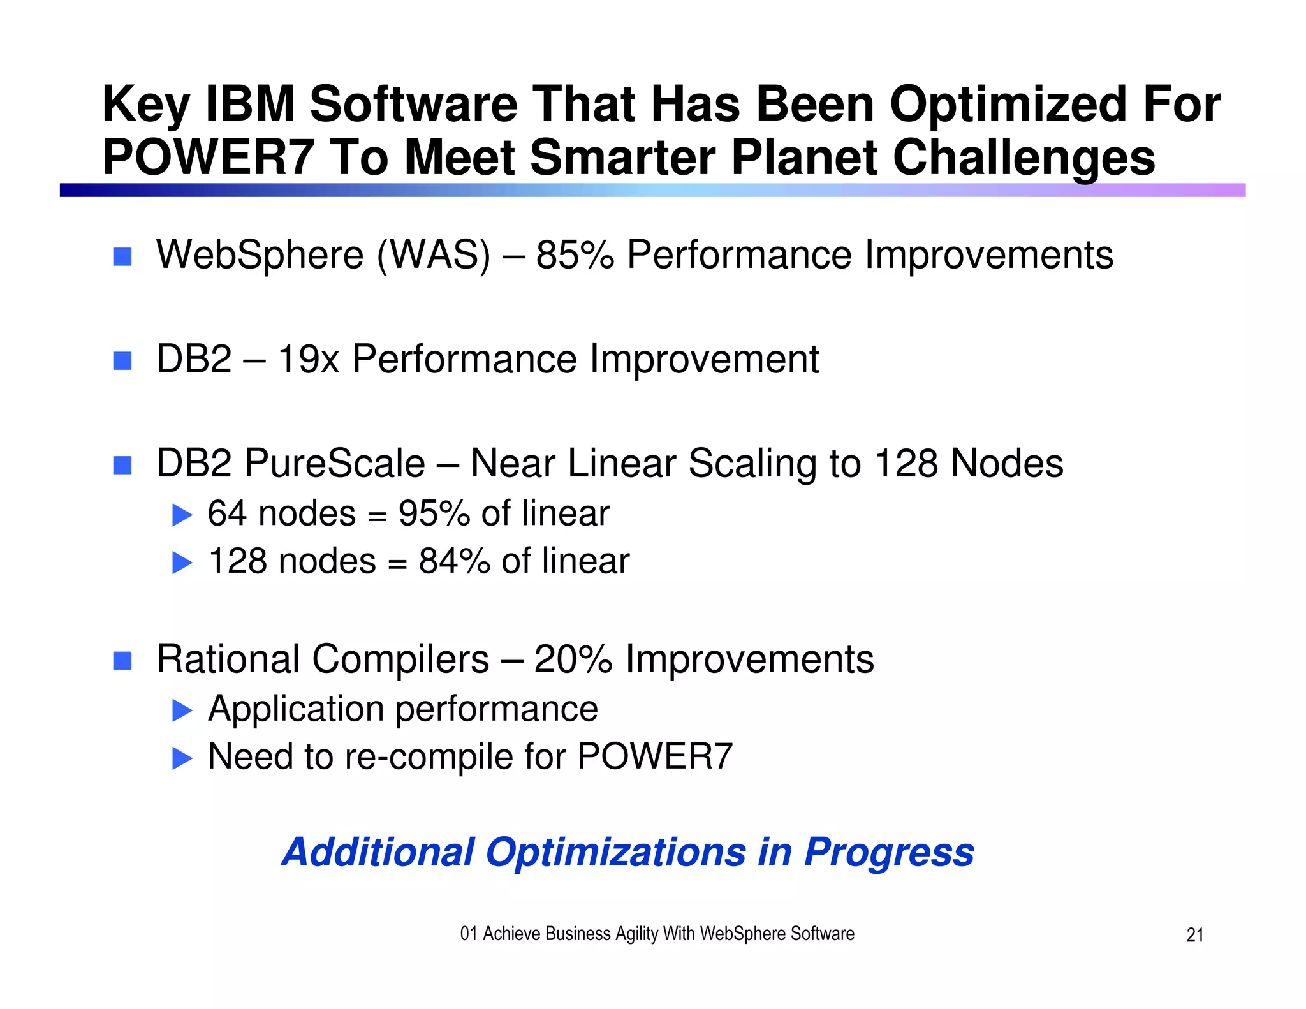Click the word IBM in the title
coord(250,104)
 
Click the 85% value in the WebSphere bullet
coord(575,255)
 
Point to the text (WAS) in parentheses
coord(434,255)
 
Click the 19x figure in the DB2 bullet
coord(308,359)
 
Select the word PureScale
coord(335,464)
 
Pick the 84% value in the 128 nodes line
coord(454,562)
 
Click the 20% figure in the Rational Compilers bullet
coord(573,659)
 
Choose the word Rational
coord(228,659)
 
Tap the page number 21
coord(1194,935)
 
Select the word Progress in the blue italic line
coord(889,852)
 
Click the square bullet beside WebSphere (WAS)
coord(122,257)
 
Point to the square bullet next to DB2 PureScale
coord(122,466)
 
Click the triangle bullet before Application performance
coord(182,711)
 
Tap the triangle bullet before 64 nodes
coord(182,515)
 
